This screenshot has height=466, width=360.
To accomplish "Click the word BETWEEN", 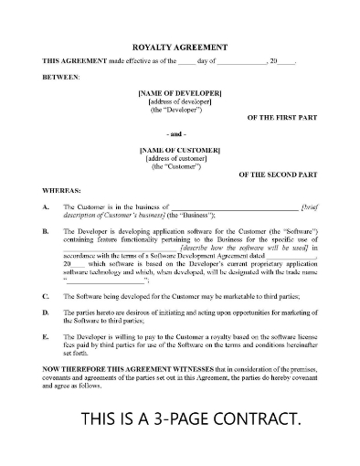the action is click(x=60, y=78).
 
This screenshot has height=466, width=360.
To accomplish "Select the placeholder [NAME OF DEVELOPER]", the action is click(x=180, y=93).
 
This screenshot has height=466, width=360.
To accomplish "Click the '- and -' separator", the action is click(x=180, y=133).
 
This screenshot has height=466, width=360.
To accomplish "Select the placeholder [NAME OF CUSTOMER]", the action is click(x=180, y=148).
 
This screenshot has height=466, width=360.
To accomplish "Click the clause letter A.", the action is click(x=46, y=207).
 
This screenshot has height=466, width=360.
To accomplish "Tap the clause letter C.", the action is click(x=46, y=297).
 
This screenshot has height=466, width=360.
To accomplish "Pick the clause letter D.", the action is click(x=46, y=313).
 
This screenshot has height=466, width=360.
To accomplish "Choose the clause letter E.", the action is click(x=46, y=336).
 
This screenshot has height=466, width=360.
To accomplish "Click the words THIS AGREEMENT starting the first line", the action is click(x=71, y=60).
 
